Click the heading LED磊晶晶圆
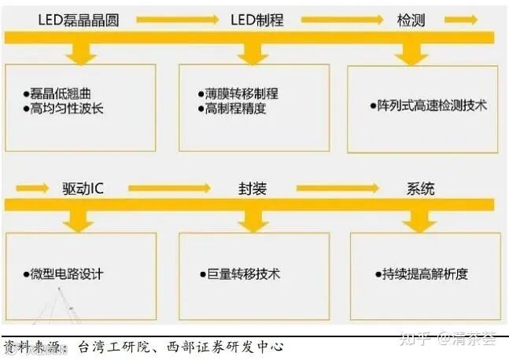[x=78, y=19]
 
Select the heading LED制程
[x=253, y=19]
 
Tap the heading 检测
[x=410, y=19]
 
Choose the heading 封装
[x=253, y=189]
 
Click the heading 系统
[x=420, y=189]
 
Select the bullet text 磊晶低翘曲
[x=57, y=94]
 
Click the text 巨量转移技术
[x=238, y=274]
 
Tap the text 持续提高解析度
[x=421, y=274]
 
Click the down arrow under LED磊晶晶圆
[x=79, y=52]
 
